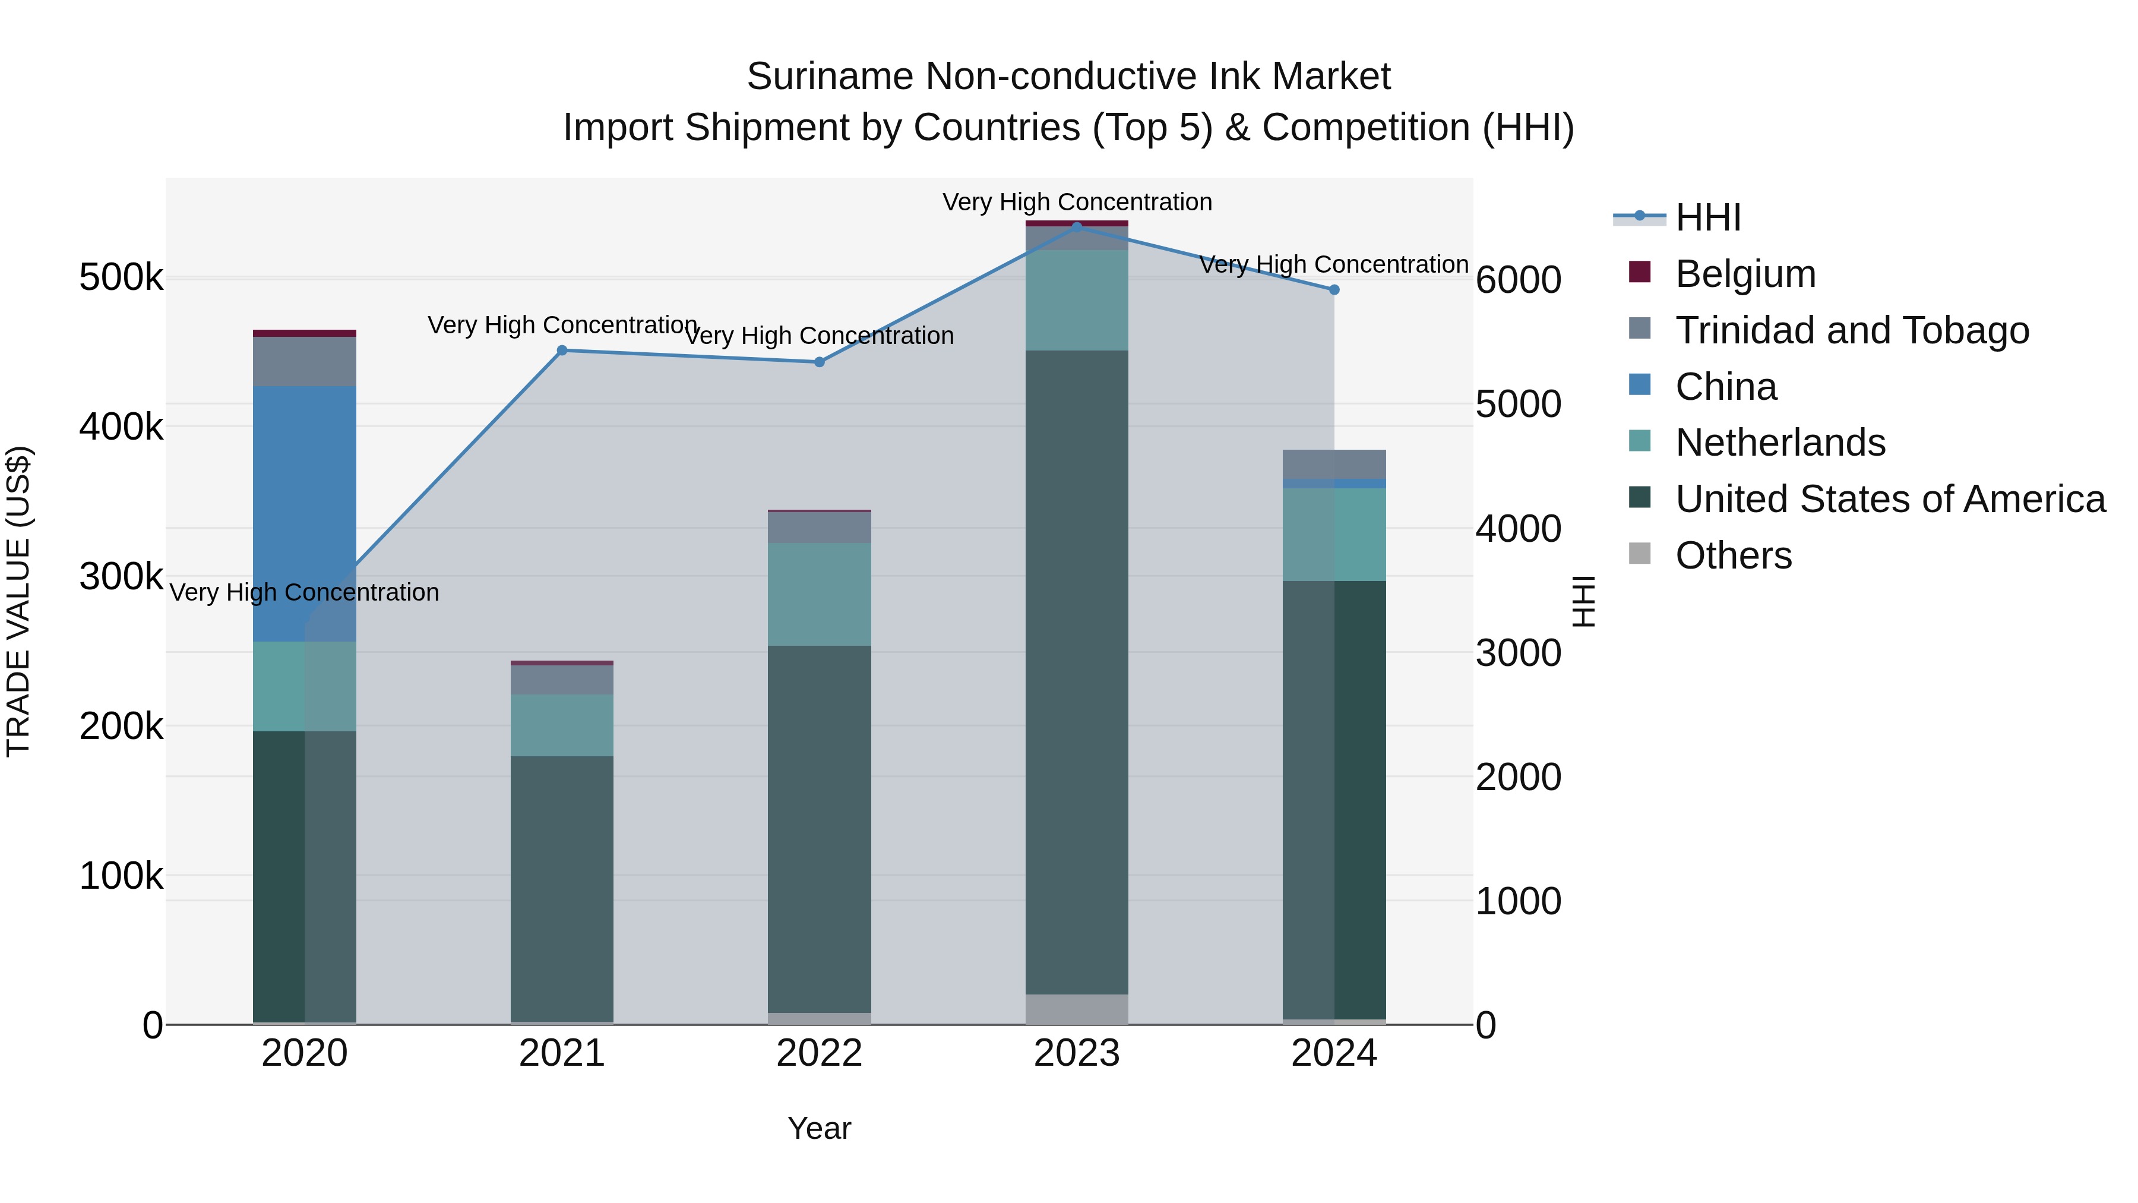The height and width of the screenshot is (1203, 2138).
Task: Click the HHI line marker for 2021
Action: click(x=562, y=351)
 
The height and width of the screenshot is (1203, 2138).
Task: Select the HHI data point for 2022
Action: click(x=819, y=362)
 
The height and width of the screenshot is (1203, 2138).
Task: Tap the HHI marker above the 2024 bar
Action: click(x=1334, y=290)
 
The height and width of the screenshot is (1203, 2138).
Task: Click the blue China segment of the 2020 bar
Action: click(x=305, y=513)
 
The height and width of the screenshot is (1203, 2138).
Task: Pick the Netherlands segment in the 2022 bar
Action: click(x=819, y=595)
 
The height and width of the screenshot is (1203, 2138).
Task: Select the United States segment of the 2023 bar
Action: click(x=1077, y=672)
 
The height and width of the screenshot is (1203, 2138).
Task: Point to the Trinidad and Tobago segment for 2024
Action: click(x=1334, y=464)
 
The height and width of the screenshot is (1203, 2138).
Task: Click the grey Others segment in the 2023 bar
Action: click(x=1077, y=1009)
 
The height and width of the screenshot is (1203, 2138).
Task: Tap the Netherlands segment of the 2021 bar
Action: click(x=562, y=725)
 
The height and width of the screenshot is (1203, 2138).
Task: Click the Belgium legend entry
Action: click(x=1745, y=274)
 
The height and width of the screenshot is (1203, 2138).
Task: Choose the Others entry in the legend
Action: click(x=1733, y=555)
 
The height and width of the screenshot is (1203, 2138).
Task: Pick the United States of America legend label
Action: click(x=1890, y=499)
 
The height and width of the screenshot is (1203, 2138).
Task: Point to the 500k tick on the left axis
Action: click(x=121, y=277)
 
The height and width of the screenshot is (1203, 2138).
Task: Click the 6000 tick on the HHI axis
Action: click(x=1518, y=280)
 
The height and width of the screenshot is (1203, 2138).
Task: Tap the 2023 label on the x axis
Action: click(x=1077, y=1053)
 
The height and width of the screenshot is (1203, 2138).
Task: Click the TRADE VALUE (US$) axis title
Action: click(x=18, y=601)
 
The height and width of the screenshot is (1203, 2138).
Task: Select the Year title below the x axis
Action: click(x=819, y=1128)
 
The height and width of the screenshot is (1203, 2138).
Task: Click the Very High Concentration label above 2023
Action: click(x=1077, y=202)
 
